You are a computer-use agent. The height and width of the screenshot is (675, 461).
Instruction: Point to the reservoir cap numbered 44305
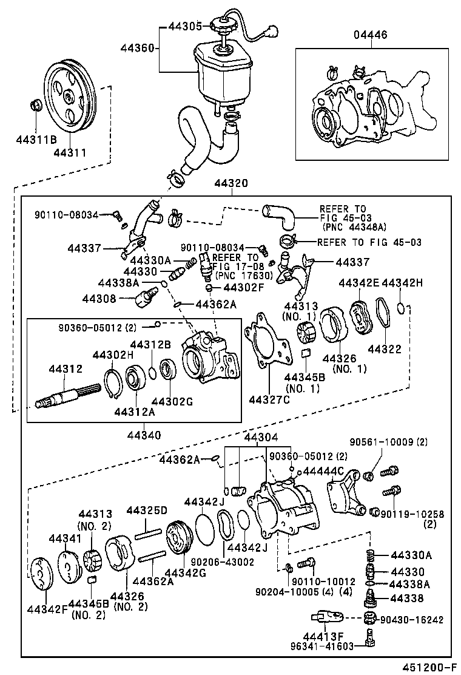[x=221, y=28]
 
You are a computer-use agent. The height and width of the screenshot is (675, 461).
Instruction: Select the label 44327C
[x=268, y=399]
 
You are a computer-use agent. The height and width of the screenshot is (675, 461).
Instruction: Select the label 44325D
[x=146, y=510]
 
